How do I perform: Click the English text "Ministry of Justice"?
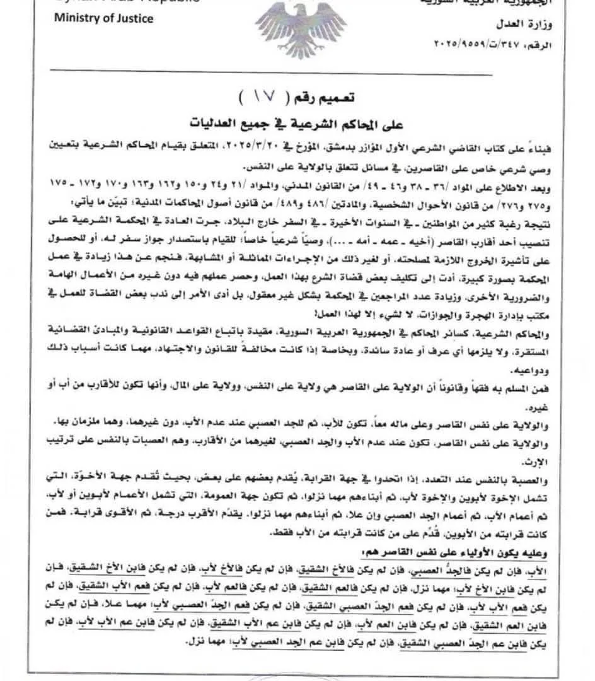coord(103,18)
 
